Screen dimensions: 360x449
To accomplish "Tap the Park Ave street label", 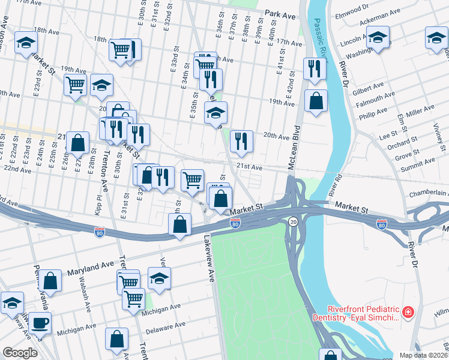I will point(282,13).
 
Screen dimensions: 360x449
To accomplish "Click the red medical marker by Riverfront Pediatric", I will point(408,312).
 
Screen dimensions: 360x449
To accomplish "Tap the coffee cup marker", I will point(40,322).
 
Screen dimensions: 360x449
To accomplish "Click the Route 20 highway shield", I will point(292,221).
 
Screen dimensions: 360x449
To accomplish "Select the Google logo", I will point(20,353).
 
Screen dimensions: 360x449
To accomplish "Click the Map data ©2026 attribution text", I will point(423,355).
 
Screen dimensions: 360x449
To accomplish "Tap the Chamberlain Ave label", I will point(429,193).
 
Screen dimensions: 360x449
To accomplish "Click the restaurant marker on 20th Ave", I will point(241,141).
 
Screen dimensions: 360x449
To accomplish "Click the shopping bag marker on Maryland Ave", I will point(52,281).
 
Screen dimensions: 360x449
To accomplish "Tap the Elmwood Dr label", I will point(354,9).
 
